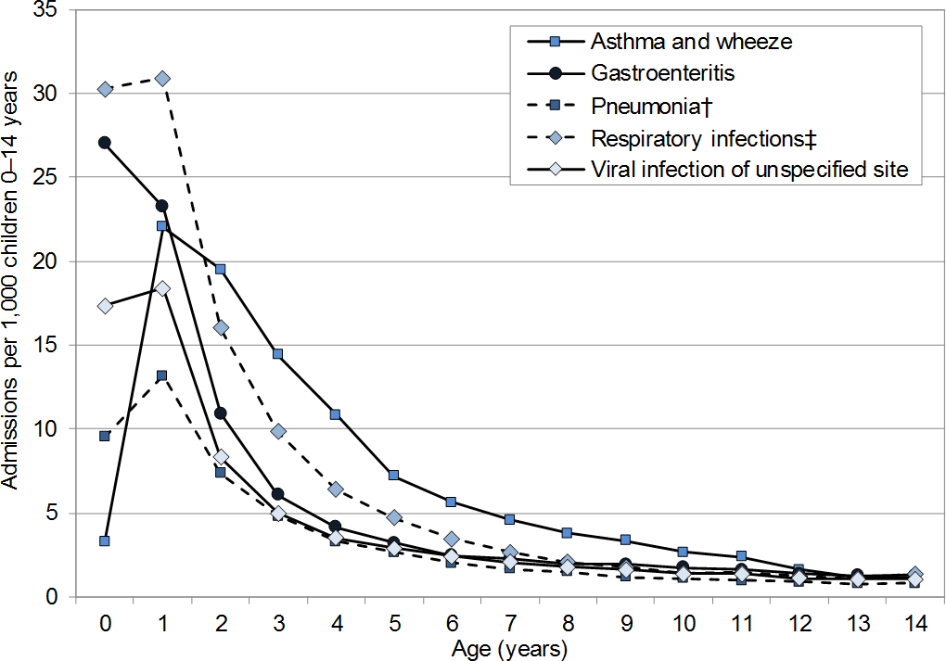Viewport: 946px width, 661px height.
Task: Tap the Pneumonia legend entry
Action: (649, 106)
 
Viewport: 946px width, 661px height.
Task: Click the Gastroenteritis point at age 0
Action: (105, 143)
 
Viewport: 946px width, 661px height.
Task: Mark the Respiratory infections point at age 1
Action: (163, 79)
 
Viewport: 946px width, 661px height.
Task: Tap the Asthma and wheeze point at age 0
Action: (105, 540)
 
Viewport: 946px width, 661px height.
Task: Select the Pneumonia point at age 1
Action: (162, 375)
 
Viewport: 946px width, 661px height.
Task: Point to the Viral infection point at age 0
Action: (105, 306)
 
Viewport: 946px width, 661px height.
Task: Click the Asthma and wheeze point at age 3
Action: (277, 353)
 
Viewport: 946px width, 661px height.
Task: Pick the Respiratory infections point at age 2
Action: (221, 327)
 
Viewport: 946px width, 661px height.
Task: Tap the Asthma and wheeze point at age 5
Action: (393, 475)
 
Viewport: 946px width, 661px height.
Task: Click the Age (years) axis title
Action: (509, 648)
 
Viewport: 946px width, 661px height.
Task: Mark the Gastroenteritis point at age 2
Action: (221, 413)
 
